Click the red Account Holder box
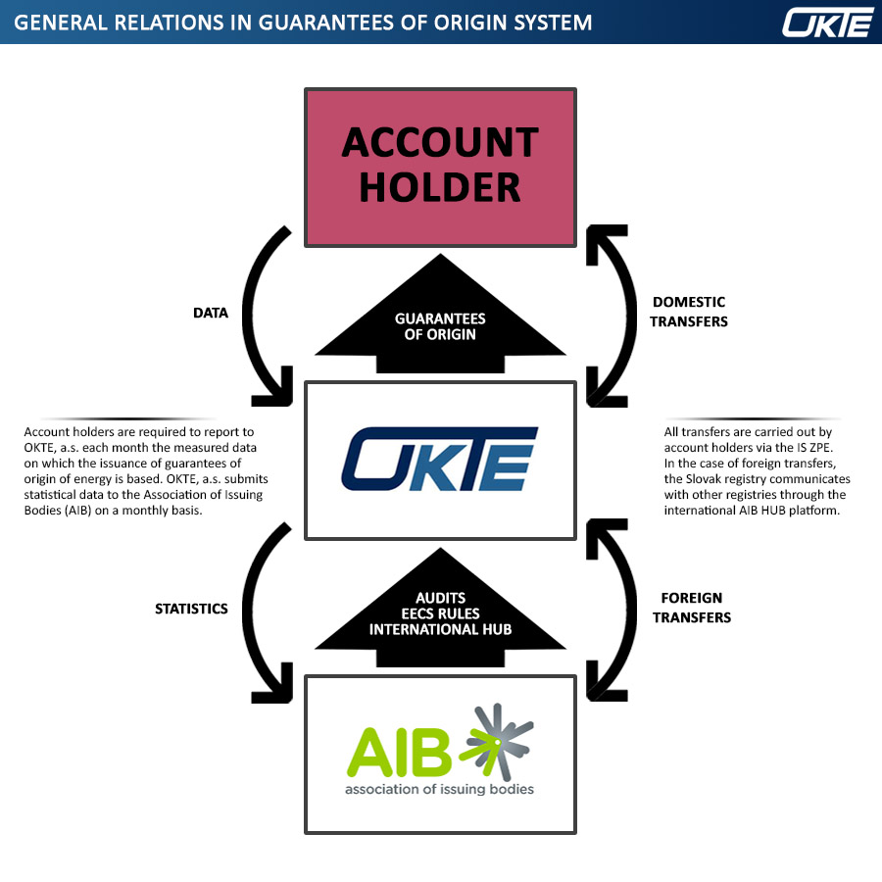tap(440, 167)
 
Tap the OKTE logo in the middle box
tap(439, 459)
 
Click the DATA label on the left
tap(209, 314)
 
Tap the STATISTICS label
tap(191, 609)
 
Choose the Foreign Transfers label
tap(692, 608)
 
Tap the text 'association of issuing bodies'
tap(439, 788)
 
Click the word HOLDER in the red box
tap(440, 186)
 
